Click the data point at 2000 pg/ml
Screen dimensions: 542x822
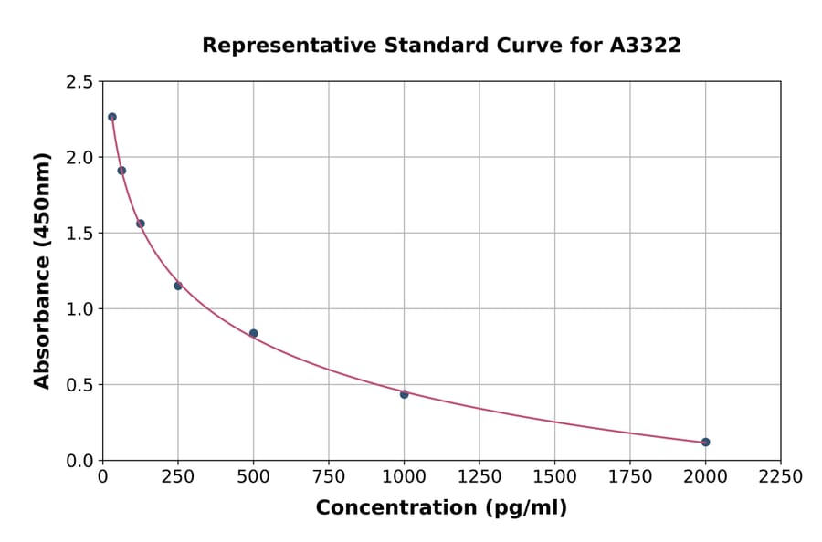point(705,442)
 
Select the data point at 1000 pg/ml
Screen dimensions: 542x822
point(404,394)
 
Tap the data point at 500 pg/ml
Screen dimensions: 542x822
point(253,333)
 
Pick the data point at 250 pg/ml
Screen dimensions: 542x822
point(178,286)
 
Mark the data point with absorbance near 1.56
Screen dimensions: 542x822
point(141,224)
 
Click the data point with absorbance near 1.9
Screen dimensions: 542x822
point(121,171)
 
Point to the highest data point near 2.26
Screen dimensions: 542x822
point(112,117)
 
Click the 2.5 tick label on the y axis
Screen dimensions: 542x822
point(79,82)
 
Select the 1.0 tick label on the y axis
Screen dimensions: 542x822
point(79,309)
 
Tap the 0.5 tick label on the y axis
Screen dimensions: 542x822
point(79,385)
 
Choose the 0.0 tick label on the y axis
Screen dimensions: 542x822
point(79,461)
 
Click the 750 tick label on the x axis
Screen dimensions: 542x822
point(329,477)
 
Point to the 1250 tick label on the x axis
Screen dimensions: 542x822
point(479,477)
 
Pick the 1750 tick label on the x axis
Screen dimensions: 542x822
point(630,477)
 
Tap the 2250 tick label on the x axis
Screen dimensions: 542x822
point(781,477)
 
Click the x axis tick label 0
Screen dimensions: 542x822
point(103,477)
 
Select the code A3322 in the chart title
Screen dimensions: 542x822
point(645,46)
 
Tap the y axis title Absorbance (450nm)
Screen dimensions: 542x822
point(42,271)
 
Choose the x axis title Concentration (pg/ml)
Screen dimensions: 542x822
point(441,508)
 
